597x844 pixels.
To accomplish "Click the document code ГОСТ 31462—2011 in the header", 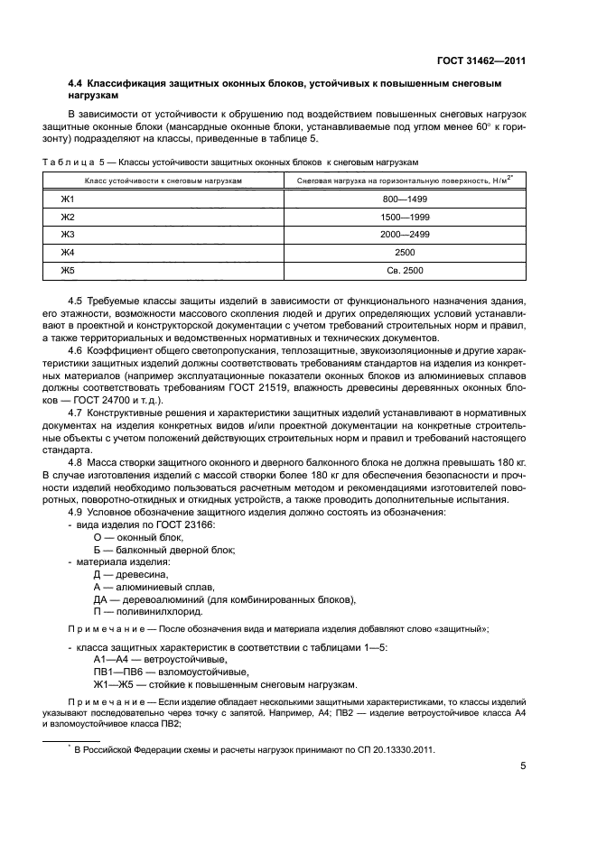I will point(480,61).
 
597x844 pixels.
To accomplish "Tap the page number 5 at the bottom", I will point(523,765).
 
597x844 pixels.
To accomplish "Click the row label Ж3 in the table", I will point(67,234).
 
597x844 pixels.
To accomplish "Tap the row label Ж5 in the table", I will point(67,270).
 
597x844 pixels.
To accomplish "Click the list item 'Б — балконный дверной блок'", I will point(163,550).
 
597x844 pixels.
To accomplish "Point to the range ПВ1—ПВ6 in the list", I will point(121,671).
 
